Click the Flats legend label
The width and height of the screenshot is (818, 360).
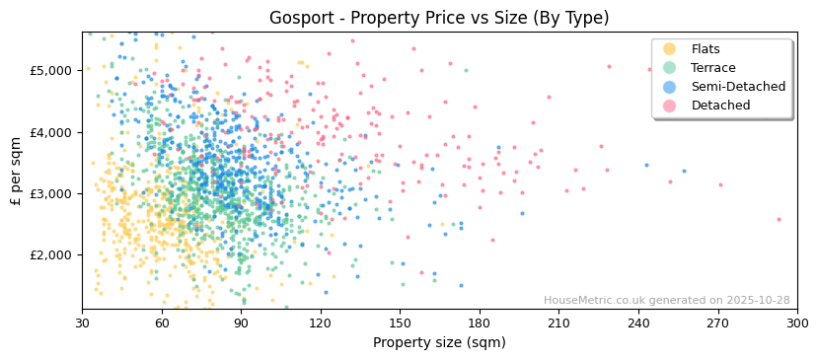click(706, 49)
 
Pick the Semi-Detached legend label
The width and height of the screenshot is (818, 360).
click(738, 87)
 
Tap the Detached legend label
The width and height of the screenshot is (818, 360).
click(720, 106)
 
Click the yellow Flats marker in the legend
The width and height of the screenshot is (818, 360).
click(670, 49)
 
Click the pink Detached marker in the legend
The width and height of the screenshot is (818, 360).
click(670, 106)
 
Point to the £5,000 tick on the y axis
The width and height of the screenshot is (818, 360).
click(51, 71)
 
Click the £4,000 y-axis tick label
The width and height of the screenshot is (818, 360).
click(51, 132)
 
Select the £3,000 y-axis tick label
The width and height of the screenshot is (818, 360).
click(51, 193)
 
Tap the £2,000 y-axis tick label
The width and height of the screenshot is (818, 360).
click(51, 254)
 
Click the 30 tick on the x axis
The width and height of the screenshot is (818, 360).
click(82, 323)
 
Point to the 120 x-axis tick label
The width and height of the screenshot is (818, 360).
click(321, 323)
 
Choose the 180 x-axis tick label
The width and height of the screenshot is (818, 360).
click(480, 323)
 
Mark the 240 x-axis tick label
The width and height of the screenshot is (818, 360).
click(638, 323)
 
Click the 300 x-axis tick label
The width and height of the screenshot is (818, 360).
click(797, 323)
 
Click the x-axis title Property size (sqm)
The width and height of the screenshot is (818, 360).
click(439, 343)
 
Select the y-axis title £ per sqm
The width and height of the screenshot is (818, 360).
click(17, 171)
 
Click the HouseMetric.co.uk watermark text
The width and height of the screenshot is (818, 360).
click(666, 301)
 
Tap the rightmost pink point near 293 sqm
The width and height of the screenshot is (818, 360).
click(779, 219)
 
